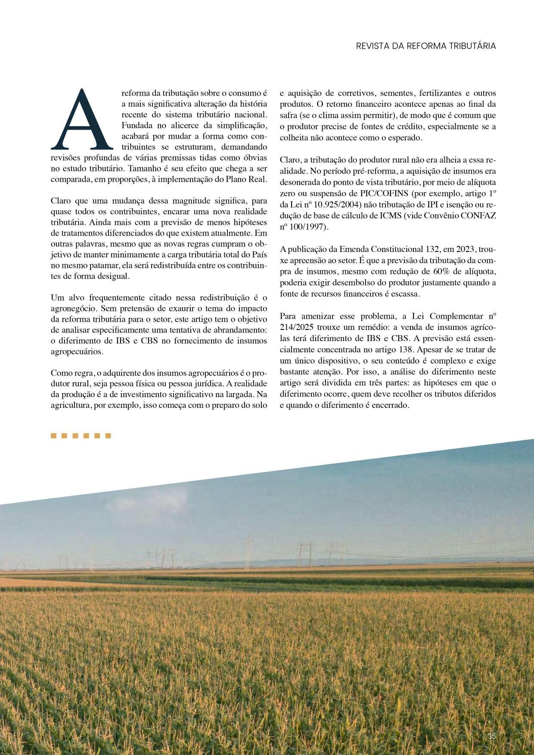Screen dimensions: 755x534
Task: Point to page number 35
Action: (492, 736)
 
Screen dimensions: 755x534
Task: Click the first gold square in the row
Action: (54, 436)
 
